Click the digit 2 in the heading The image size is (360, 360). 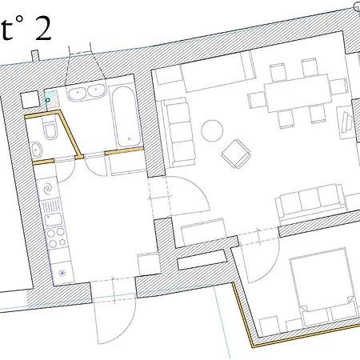pos(42,30)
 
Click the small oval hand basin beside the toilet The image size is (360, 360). pos(37,150)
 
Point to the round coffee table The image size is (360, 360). pos(214,130)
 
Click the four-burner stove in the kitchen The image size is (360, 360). pos(57,238)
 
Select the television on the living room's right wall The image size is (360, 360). pos(349,121)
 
